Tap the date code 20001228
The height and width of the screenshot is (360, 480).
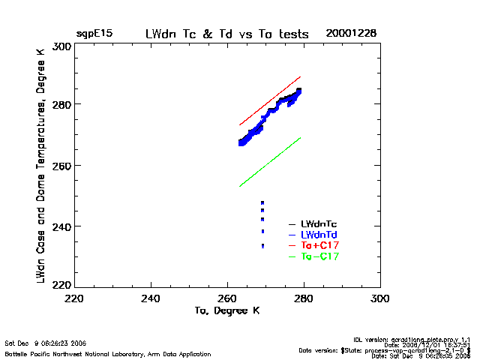click(351, 34)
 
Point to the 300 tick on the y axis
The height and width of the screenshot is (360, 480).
click(62, 46)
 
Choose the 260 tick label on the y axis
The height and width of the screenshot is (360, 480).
click(62, 165)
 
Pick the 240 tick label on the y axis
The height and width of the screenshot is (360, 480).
click(62, 226)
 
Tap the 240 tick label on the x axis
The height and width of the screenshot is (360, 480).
click(151, 298)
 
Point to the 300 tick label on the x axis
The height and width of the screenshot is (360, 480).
click(380, 298)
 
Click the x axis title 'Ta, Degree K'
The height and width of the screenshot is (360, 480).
click(227, 310)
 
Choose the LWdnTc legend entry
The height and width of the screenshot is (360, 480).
click(319, 223)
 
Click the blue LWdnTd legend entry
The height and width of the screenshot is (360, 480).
click(319, 235)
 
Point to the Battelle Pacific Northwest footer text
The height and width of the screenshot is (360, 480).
click(108, 353)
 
